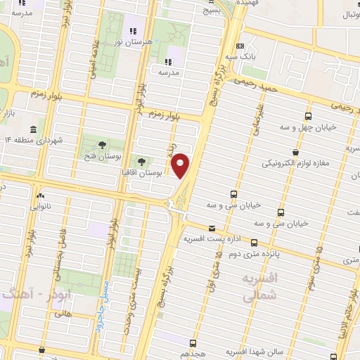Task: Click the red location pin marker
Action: [x=181, y=165]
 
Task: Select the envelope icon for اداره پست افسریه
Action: [x=212, y=227]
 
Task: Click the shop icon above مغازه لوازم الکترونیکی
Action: [x=296, y=151]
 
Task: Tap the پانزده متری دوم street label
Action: [x=276, y=251]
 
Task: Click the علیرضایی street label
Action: [x=257, y=120]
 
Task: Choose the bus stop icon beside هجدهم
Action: [x=193, y=342]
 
